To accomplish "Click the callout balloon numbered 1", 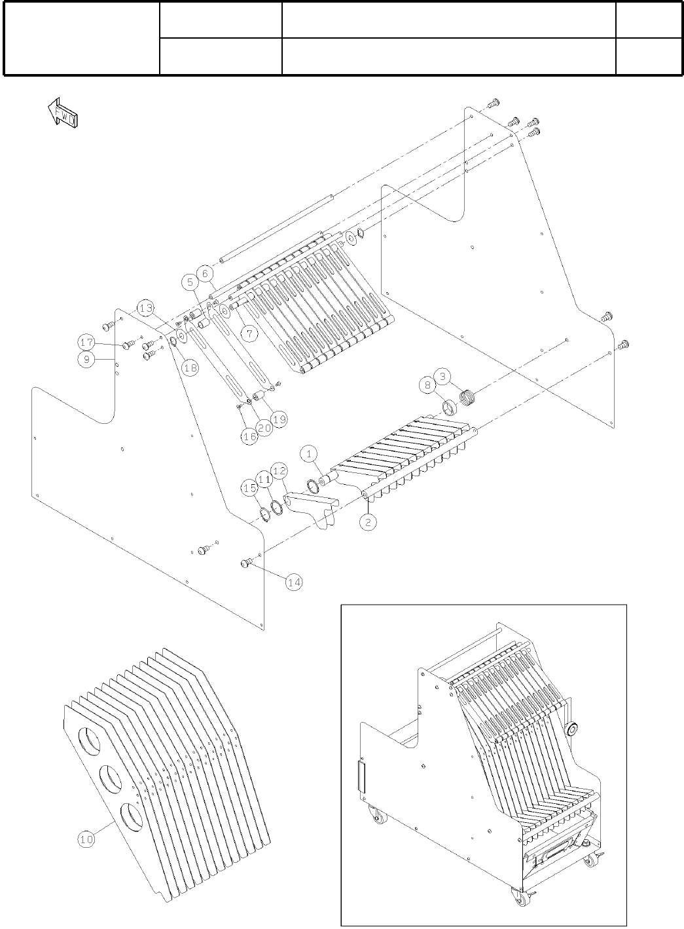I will tap(310, 453).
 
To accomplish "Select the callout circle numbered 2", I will tap(369, 522).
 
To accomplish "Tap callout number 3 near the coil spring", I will tap(443, 377).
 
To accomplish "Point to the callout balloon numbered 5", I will tap(190, 282).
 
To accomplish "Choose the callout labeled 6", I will tap(204, 272).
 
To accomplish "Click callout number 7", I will tap(248, 332).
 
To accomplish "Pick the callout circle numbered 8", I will tap(429, 386).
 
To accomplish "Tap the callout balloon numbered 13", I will tap(146, 308).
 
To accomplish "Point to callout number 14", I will tap(295, 582).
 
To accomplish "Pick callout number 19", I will tap(279, 417).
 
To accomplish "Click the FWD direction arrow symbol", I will tap(63, 113).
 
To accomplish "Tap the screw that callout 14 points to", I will tap(247, 561).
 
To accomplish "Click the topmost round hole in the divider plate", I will tap(90, 740).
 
